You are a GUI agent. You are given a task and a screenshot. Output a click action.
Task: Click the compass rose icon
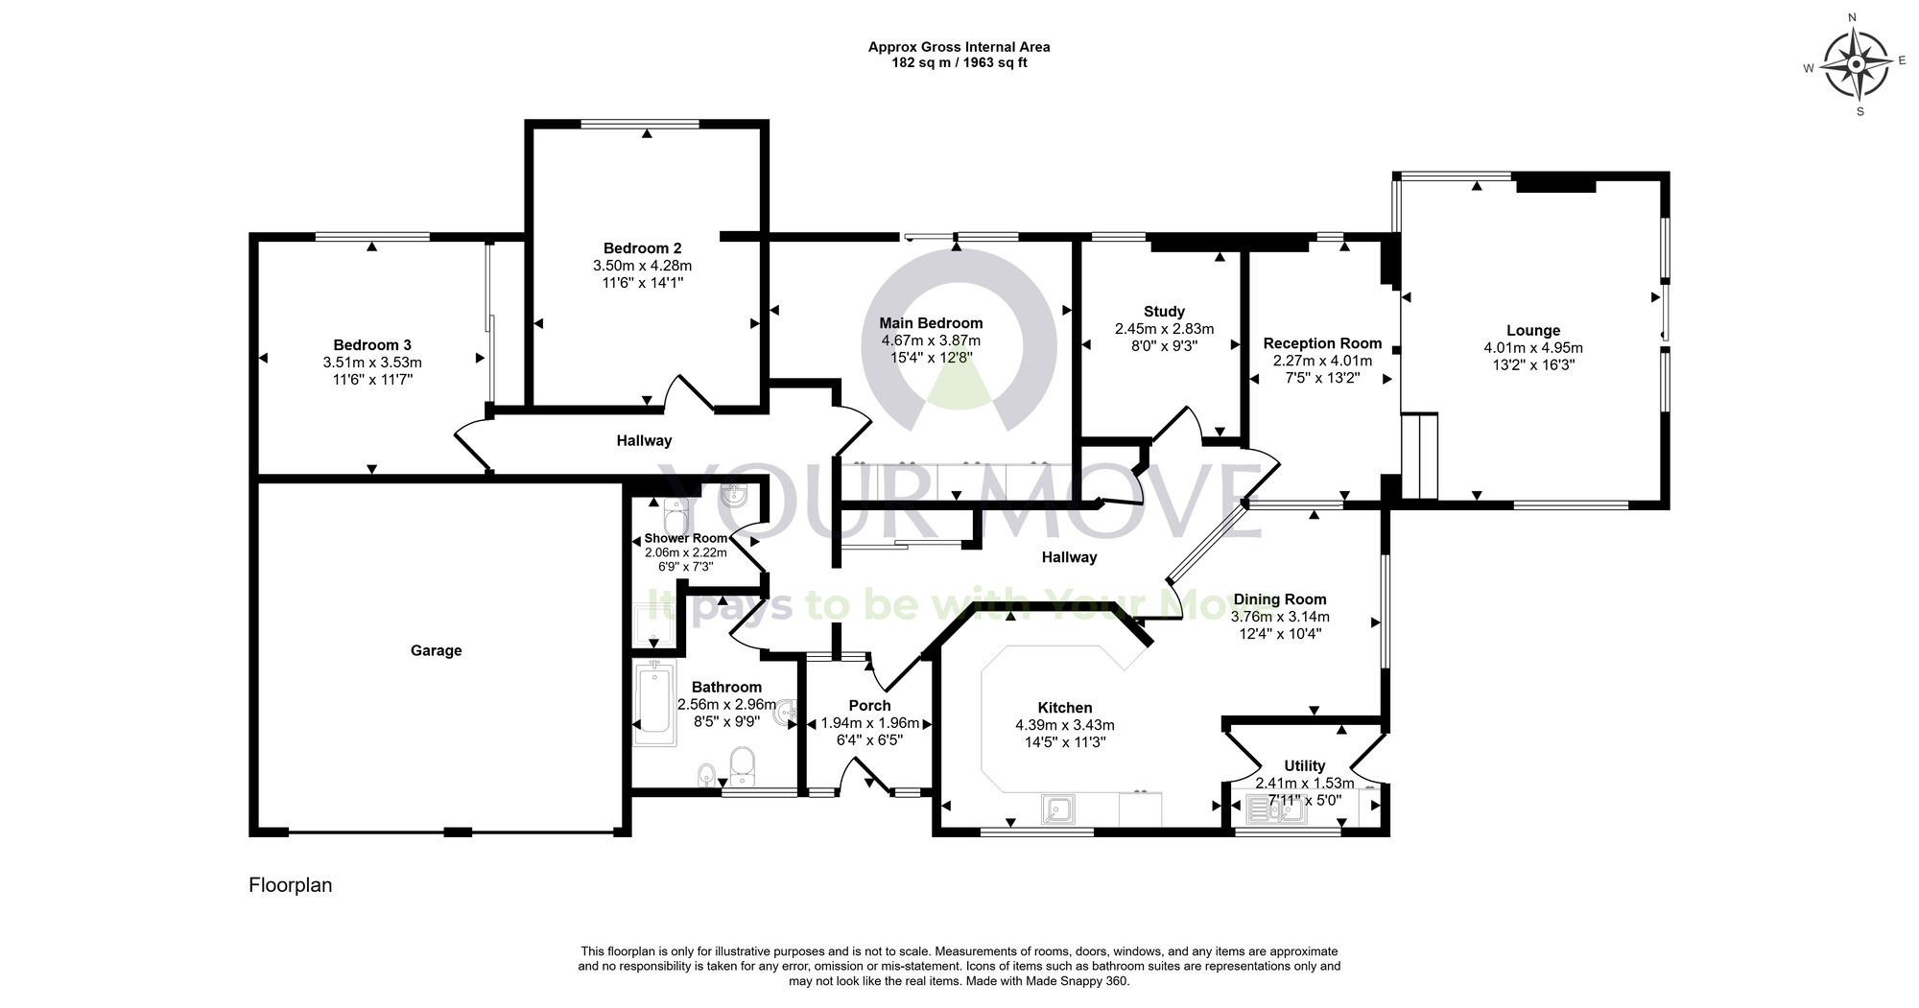1856,65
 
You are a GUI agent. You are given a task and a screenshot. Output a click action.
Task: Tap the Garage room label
436,650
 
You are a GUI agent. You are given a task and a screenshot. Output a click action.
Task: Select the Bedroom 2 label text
642,248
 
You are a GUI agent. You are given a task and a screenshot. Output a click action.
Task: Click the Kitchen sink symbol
1057,810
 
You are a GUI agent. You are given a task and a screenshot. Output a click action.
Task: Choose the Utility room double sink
1275,810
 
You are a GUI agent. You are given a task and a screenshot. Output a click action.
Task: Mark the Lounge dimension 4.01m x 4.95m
1532,348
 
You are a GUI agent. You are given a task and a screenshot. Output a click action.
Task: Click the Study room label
1164,312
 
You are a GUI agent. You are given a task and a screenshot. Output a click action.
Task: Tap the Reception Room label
1322,343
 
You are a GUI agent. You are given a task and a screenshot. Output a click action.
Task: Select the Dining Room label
1279,599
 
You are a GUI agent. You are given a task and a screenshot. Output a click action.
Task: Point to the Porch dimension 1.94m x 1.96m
869,723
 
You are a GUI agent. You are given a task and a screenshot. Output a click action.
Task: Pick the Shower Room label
685,538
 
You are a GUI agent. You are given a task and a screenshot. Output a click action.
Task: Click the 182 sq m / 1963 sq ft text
959,63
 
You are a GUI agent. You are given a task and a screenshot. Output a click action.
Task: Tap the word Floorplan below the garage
290,885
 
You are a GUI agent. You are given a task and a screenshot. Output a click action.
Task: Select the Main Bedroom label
931,323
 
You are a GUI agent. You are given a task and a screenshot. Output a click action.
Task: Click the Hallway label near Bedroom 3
643,441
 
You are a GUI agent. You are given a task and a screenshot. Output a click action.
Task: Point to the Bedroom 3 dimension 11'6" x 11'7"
372,380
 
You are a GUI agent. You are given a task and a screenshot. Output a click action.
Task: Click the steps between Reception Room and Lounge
1420,456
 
